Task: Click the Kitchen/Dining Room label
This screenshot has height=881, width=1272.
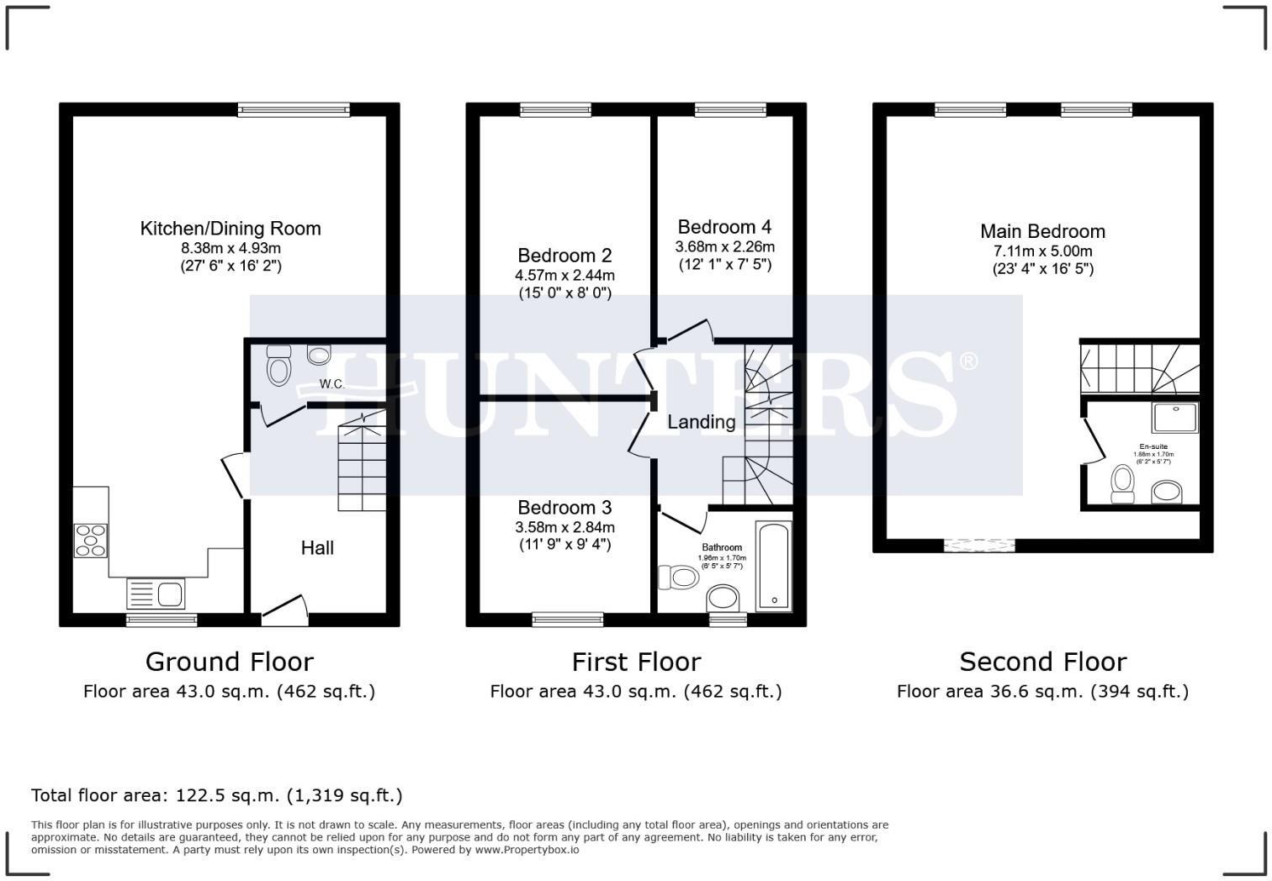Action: click(x=230, y=229)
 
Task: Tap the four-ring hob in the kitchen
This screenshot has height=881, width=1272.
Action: click(x=91, y=540)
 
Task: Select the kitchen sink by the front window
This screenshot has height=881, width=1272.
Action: click(x=156, y=593)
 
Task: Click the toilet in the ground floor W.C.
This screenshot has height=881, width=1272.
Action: click(x=278, y=366)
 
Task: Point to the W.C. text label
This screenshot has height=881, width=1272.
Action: click(x=331, y=384)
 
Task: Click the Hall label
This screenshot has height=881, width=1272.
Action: click(x=317, y=548)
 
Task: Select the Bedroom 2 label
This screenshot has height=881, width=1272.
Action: click(x=564, y=256)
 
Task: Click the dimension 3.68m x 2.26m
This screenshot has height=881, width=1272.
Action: click(x=724, y=247)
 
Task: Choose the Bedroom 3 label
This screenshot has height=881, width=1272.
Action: click(x=564, y=508)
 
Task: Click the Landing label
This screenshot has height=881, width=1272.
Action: click(x=701, y=422)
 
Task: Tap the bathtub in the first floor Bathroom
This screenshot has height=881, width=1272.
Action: click(x=773, y=566)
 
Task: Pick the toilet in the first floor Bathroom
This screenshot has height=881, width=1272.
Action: click(x=674, y=578)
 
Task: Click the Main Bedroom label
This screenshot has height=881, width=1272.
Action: click(x=1042, y=232)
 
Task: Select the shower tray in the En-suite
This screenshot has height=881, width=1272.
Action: click(x=1175, y=417)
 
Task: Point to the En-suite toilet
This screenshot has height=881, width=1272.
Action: click(x=1122, y=484)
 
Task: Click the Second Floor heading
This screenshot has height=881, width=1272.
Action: click(x=1042, y=662)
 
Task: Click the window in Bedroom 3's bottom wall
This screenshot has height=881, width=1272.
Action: click(x=568, y=620)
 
